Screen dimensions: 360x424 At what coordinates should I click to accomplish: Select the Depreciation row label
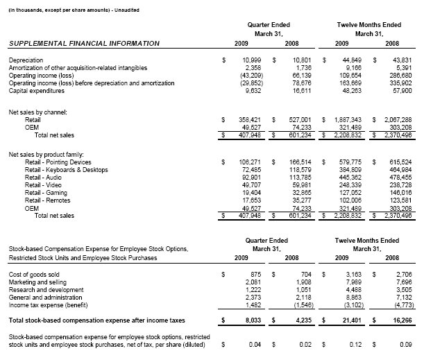click(x=25, y=61)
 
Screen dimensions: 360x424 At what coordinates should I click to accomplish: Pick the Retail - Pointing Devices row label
click(x=58, y=162)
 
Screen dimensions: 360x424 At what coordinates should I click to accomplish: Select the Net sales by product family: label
click(x=49, y=153)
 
